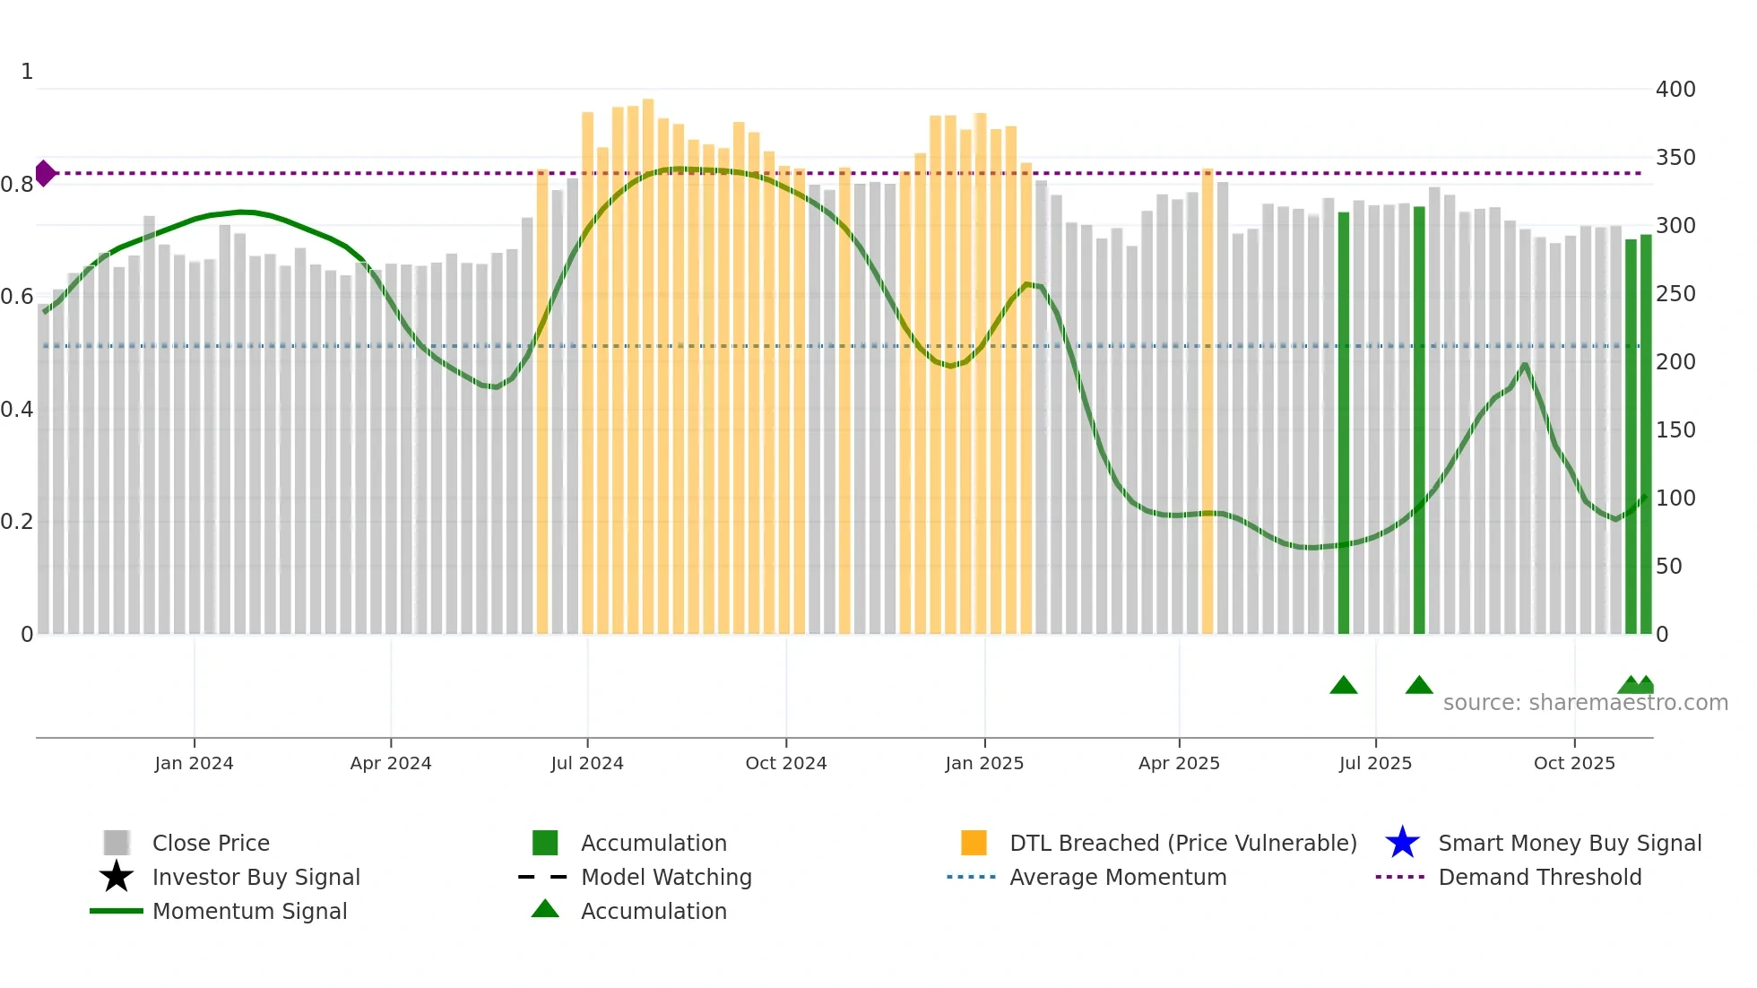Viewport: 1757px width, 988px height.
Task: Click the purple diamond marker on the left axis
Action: (45, 173)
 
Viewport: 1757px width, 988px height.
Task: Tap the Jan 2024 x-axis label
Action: (194, 763)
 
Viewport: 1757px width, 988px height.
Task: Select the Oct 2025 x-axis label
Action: (1574, 763)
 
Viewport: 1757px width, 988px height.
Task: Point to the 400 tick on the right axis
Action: (1675, 90)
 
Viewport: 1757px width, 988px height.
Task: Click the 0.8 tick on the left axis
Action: (17, 185)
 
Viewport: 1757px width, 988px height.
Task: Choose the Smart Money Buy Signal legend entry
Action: (1569, 843)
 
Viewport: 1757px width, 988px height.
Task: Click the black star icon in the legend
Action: (117, 877)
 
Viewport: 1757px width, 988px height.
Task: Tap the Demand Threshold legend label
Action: (1539, 877)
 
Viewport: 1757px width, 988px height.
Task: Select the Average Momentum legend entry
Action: (1117, 877)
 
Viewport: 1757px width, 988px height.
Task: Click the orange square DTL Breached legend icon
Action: (974, 843)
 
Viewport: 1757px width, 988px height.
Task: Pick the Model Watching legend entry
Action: (665, 877)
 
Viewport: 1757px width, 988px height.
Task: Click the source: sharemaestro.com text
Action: (1585, 702)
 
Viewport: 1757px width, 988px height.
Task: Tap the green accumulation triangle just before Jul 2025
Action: (1343, 686)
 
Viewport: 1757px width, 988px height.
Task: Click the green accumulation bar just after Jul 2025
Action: (1419, 421)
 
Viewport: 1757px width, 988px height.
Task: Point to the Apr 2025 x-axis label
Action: (1179, 763)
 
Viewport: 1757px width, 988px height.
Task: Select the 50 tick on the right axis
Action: (1668, 567)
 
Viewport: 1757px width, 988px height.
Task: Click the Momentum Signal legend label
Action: (249, 911)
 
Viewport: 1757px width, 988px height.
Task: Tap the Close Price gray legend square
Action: (117, 843)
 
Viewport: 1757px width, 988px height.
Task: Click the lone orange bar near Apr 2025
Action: (1207, 403)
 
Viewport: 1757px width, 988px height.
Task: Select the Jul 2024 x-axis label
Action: (587, 763)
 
